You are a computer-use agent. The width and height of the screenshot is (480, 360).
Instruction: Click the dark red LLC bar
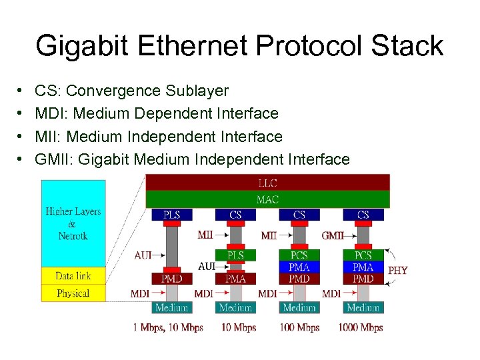(x=267, y=182)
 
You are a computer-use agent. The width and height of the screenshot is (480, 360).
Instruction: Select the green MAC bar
(x=267, y=199)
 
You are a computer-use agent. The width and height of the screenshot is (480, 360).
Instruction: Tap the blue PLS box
(x=171, y=215)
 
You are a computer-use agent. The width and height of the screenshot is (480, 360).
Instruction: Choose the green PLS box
(x=235, y=255)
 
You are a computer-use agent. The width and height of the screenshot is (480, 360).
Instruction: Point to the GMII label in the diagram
(x=333, y=235)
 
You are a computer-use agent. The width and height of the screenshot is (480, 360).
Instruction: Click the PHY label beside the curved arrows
(x=397, y=270)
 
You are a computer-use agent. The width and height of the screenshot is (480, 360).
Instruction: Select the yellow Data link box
(x=73, y=276)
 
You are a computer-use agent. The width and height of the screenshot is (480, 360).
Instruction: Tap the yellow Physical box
(x=73, y=293)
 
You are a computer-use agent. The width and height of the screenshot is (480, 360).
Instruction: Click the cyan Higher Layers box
(x=73, y=223)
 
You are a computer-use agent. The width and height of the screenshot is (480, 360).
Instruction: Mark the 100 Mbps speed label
(x=299, y=327)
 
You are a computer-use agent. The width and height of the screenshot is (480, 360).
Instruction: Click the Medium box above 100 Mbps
(x=299, y=307)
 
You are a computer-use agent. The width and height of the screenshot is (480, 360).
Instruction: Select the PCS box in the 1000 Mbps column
(x=363, y=255)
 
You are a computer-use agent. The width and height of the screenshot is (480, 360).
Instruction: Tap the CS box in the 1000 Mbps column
(x=363, y=215)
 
